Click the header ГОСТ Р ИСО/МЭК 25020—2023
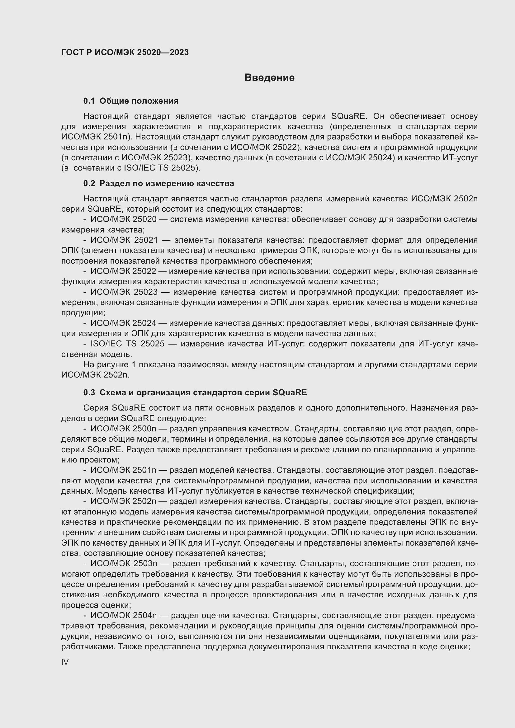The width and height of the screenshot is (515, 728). tap(125, 52)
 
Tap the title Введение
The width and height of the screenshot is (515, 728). tap(269, 78)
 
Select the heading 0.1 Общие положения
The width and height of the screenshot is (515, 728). tap(131, 101)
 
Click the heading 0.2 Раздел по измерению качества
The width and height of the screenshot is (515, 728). tap(158, 183)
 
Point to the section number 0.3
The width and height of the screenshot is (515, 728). tap(89, 392)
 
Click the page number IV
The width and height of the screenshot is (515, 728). tap(65, 662)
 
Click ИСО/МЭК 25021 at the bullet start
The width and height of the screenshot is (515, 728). tap(124, 240)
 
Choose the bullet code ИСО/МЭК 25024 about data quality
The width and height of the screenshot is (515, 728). tap(123, 323)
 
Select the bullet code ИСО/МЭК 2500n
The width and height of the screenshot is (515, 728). tap(123, 429)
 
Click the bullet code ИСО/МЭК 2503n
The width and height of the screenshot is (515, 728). tap(124, 563)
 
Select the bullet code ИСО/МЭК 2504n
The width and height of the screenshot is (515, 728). tap(124, 615)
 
